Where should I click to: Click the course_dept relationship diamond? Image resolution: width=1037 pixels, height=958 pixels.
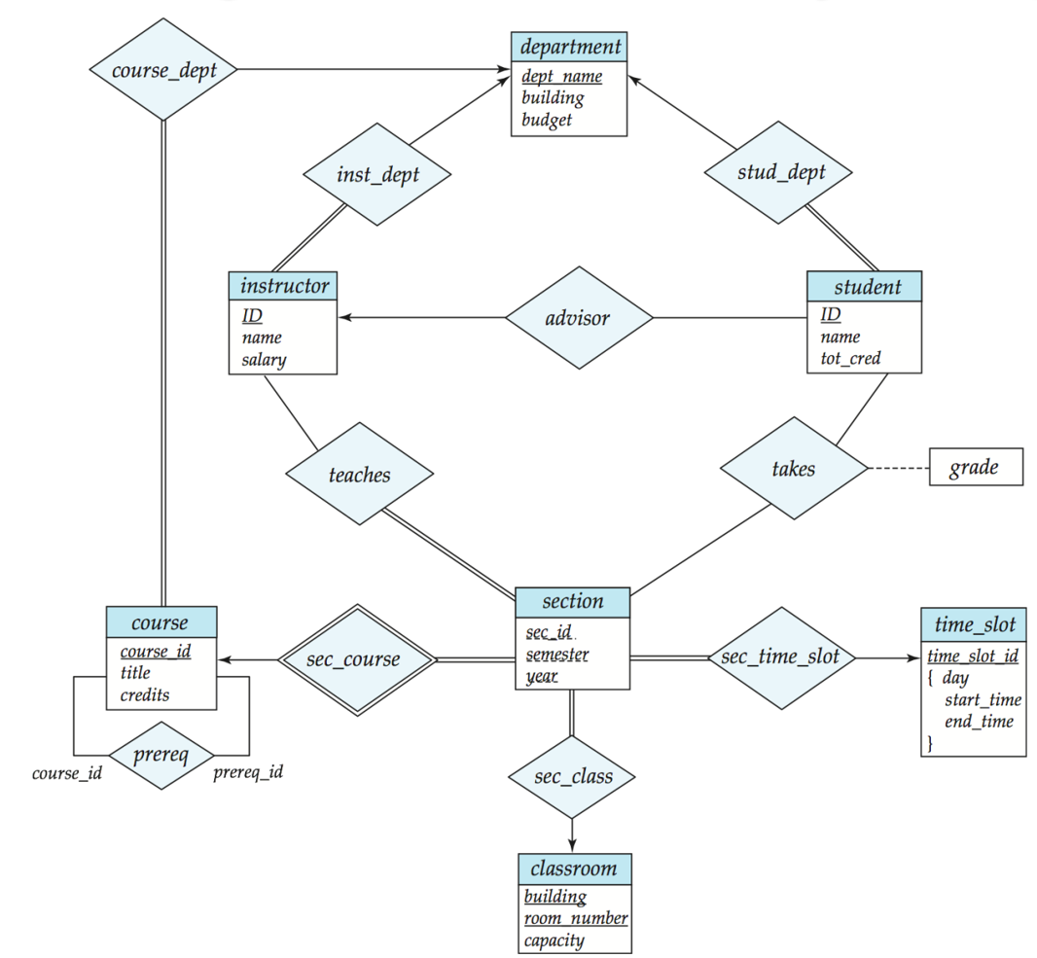tap(163, 70)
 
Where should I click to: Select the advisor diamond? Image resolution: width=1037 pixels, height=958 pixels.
tap(578, 318)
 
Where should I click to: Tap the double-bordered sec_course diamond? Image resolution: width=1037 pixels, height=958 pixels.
tap(353, 659)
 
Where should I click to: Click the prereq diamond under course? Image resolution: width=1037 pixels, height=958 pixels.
tap(161, 755)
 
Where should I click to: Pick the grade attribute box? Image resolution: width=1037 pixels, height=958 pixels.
tap(976, 468)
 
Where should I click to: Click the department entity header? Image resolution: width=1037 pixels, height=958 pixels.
tap(569, 47)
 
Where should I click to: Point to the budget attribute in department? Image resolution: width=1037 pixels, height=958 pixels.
tap(547, 121)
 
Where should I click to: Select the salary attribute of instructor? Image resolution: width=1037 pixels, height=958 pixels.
tap(265, 360)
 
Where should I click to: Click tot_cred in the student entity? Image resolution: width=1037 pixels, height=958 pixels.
tap(850, 359)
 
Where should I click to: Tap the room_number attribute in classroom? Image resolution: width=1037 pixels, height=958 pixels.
tap(576, 918)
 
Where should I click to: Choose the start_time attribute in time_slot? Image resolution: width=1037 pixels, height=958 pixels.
tap(983, 699)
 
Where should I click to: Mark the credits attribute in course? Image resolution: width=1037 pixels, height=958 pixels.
tap(145, 694)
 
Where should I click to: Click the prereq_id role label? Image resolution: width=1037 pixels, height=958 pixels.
tap(248, 773)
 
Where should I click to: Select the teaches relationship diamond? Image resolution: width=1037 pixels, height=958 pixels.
tap(359, 475)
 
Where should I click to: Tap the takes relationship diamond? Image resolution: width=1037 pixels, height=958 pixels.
tap(793, 469)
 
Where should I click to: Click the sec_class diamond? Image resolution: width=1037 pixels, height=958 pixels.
tap(573, 776)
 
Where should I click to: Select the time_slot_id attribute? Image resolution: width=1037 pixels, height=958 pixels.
tap(973, 656)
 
